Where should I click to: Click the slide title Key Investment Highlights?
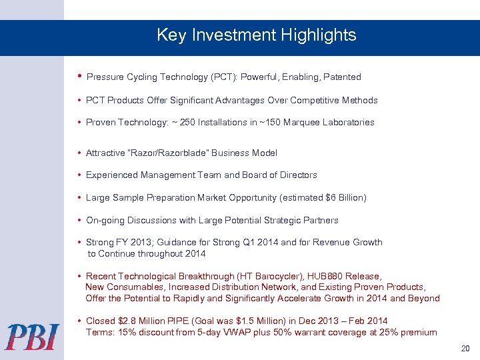[x=256, y=35]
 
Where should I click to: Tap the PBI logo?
[x=33, y=337]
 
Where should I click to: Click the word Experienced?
[x=112, y=175]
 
